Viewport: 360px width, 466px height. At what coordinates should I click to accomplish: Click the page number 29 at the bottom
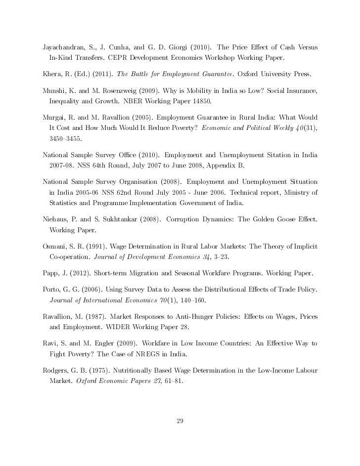point(180,421)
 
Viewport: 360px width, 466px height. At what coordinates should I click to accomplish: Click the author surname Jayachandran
point(64,48)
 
